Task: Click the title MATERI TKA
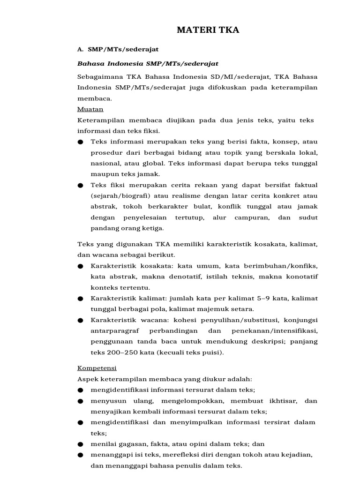click(208, 30)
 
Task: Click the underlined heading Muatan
click(87, 109)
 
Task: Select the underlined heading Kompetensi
click(97, 368)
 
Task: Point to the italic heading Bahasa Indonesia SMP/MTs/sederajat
click(148, 63)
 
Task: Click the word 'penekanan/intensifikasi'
click(282, 331)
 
